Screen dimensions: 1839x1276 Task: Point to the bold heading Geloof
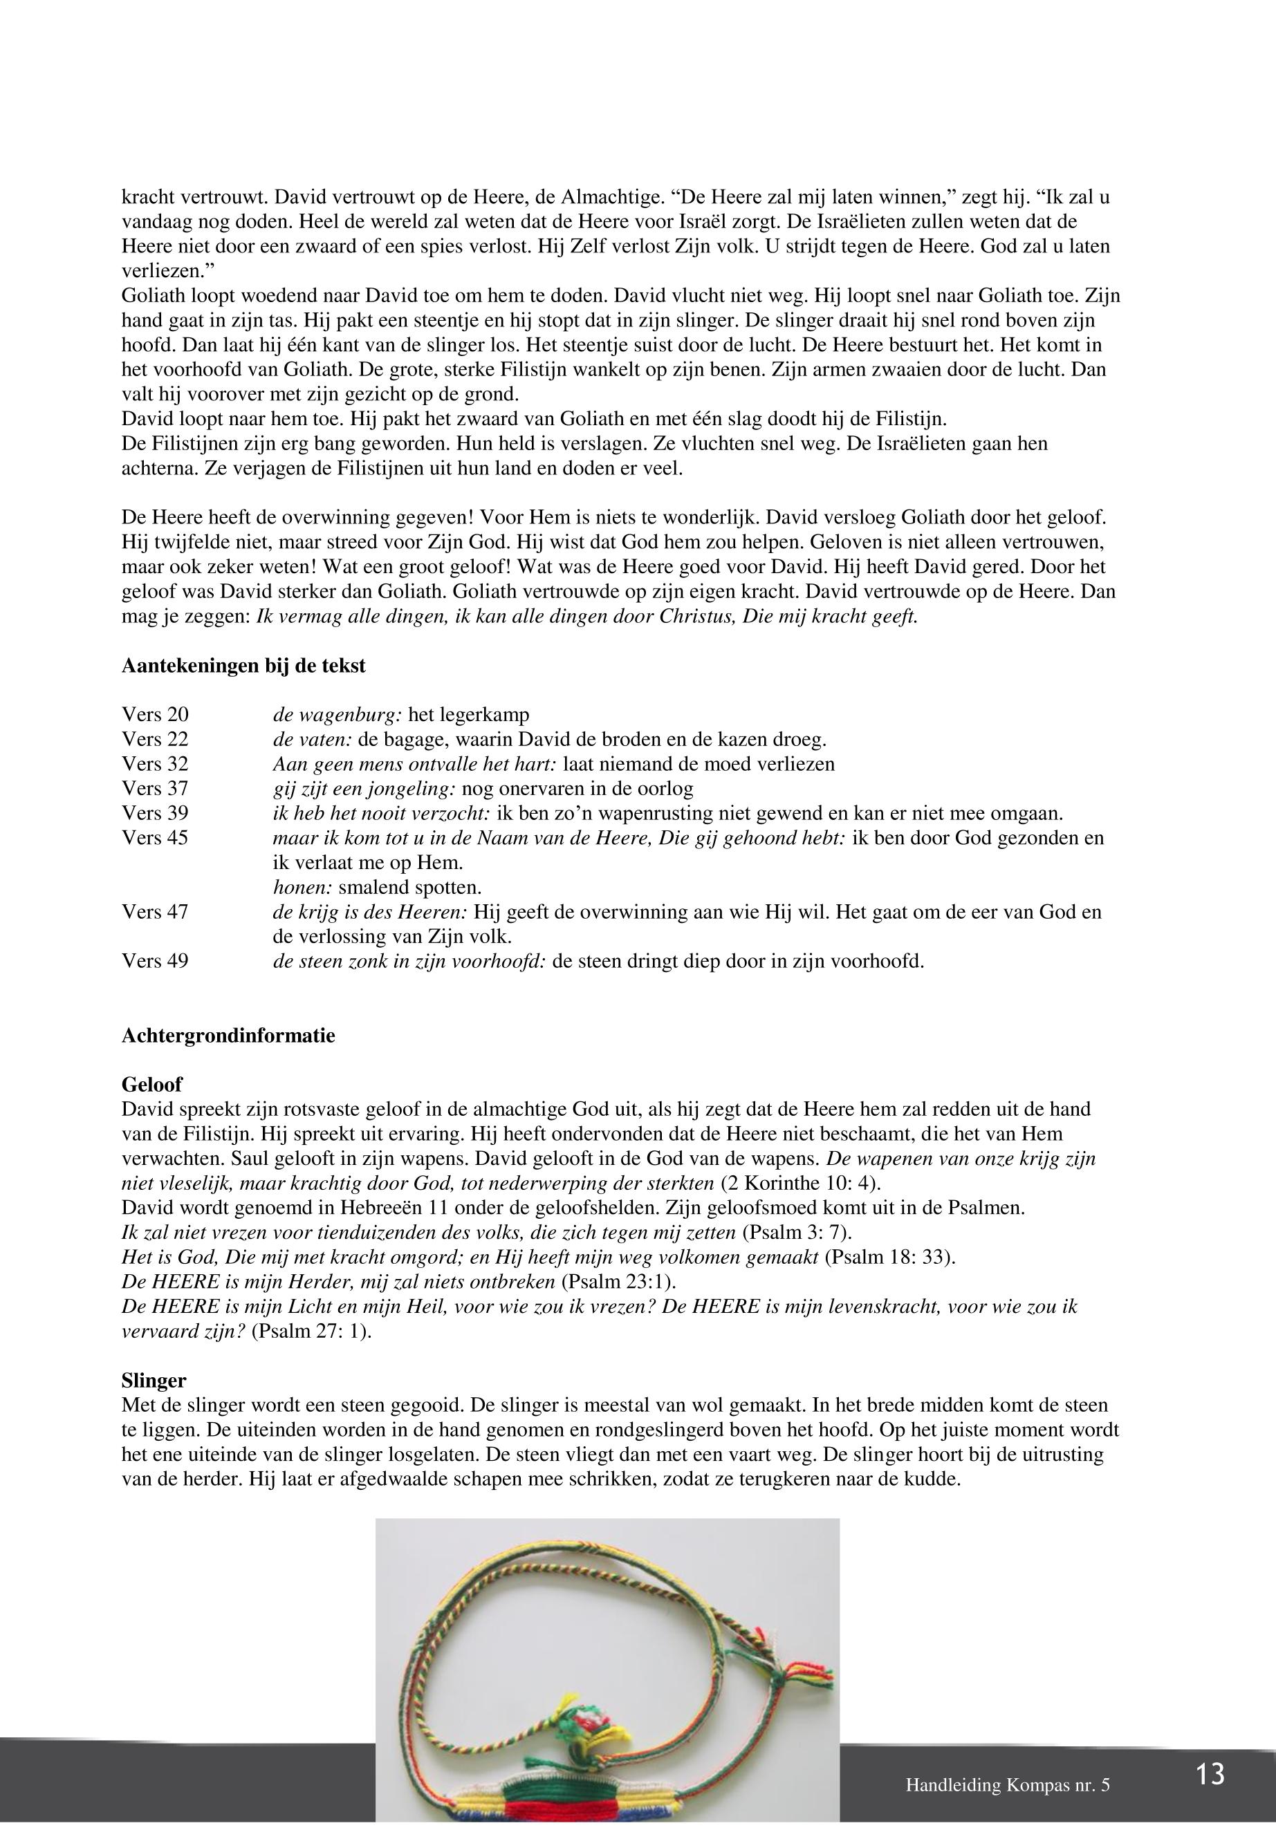(x=152, y=1085)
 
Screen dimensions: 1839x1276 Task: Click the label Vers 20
(x=155, y=714)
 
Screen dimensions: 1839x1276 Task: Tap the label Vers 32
(x=155, y=763)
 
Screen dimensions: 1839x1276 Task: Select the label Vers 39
(x=155, y=813)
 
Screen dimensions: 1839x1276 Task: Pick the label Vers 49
(x=155, y=961)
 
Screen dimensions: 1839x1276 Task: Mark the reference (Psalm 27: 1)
(x=312, y=1332)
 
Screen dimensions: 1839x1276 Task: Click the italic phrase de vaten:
(x=307, y=739)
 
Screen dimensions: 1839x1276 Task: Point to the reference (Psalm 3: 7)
(x=791, y=1233)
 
